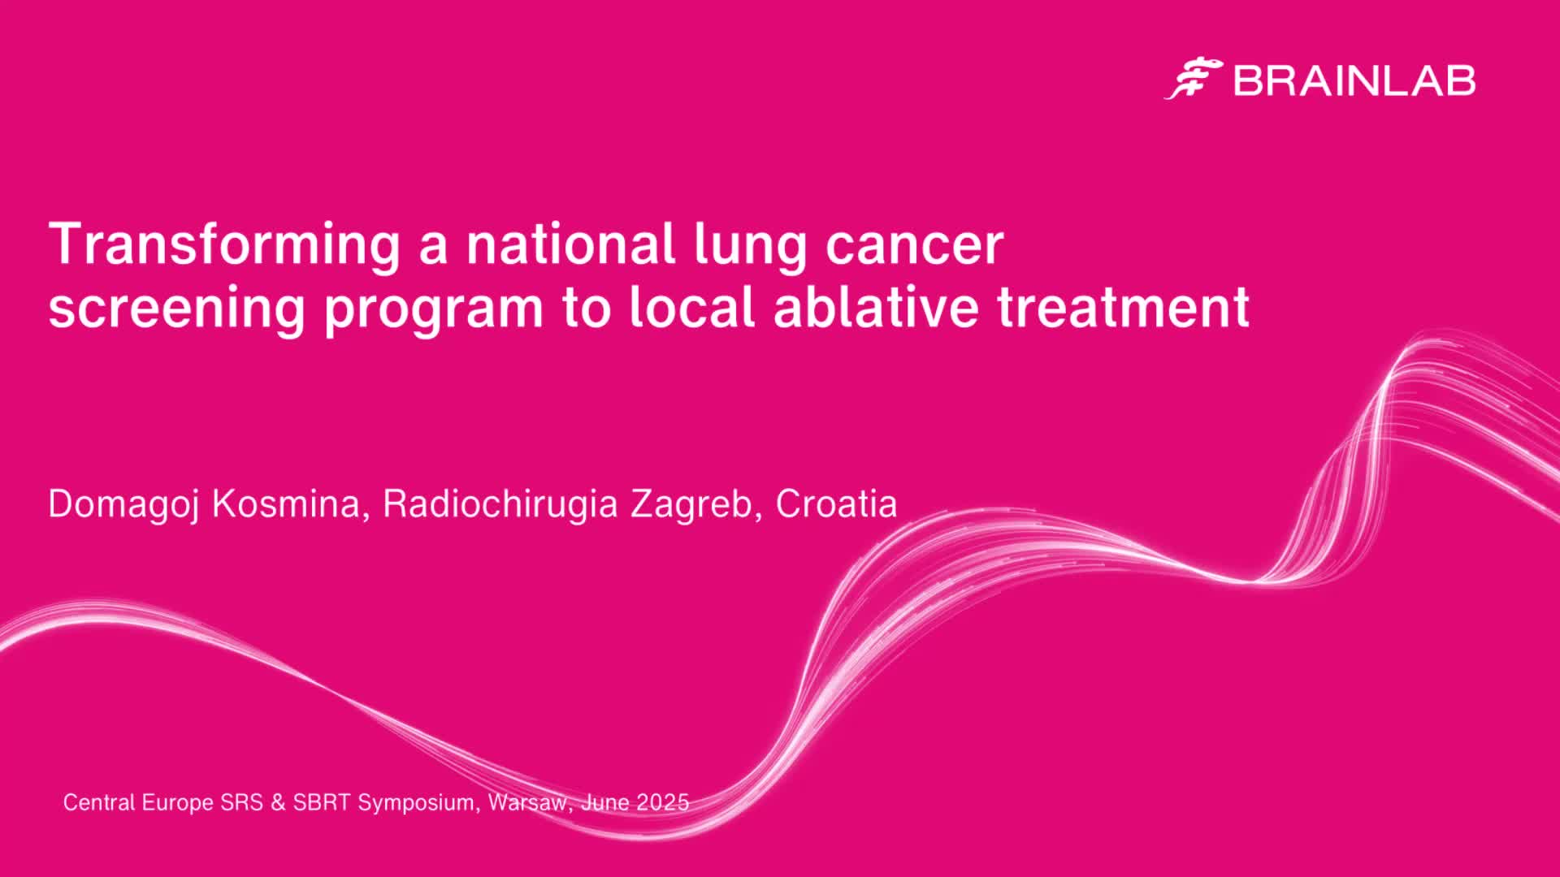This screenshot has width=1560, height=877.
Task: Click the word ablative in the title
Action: (876, 306)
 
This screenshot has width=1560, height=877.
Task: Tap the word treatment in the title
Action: (1124, 308)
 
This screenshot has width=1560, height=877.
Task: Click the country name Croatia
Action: (836, 503)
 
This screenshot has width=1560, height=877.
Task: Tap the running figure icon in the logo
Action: (1194, 79)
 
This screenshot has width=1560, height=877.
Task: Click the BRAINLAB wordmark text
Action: (1354, 80)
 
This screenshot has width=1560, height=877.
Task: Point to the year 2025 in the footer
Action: (663, 802)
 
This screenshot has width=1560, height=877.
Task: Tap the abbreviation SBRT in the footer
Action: (322, 802)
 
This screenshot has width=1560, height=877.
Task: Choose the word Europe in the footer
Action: (178, 803)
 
